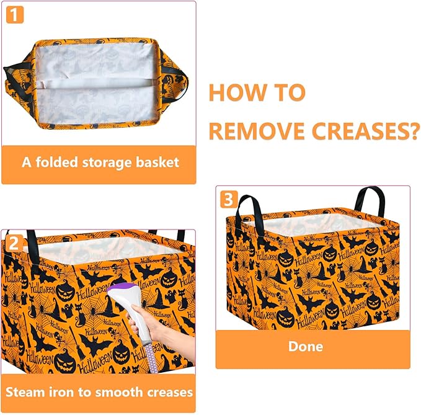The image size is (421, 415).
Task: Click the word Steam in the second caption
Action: [26, 392]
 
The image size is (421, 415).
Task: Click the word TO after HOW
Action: [287, 93]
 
